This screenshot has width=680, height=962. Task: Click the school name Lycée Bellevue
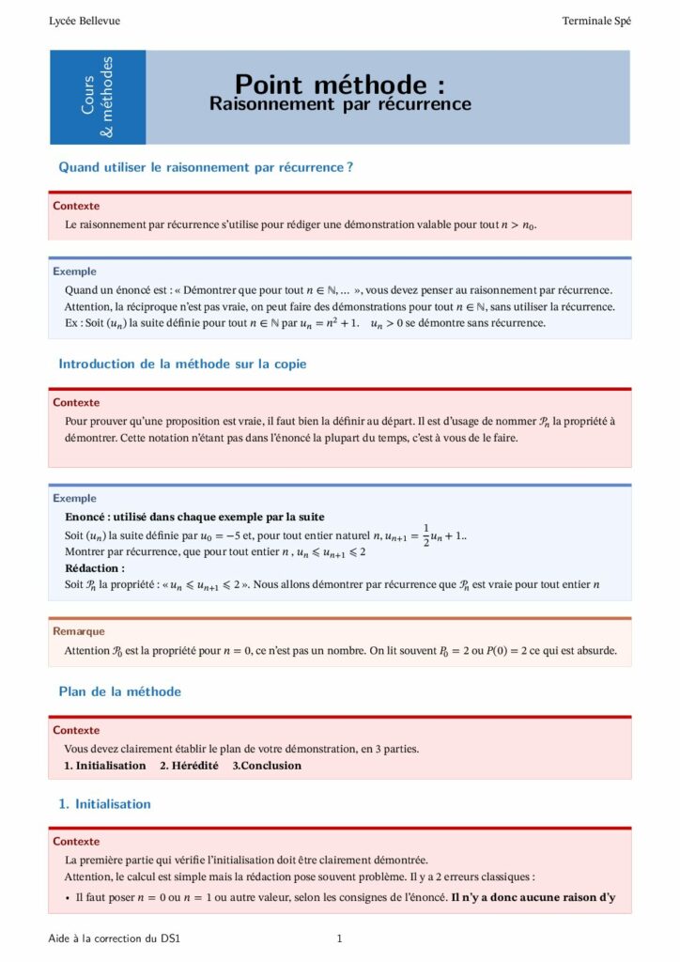click(85, 21)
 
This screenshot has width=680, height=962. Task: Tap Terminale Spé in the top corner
click(596, 21)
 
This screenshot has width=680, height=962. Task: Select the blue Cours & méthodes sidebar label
click(97, 98)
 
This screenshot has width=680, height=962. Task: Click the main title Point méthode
click(339, 85)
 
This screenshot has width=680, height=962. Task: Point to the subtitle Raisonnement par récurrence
click(340, 104)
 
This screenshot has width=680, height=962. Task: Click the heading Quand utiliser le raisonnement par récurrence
click(206, 167)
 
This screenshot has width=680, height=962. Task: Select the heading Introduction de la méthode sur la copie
click(182, 364)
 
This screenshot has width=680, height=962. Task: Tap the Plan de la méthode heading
click(119, 691)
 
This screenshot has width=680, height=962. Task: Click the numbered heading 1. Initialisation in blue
click(104, 804)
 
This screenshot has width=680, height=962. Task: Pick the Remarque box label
click(79, 631)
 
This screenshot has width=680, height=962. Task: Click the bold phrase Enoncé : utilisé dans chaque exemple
click(194, 517)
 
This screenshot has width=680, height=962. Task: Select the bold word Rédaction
click(94, 568)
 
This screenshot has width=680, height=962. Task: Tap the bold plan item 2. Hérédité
click(189, 766)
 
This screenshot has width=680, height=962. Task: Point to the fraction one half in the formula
click(425, 534)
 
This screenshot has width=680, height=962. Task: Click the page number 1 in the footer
click(339, 939)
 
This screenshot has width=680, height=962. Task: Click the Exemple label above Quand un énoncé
click(74, 272)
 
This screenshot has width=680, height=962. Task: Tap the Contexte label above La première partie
click(76, 842)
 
